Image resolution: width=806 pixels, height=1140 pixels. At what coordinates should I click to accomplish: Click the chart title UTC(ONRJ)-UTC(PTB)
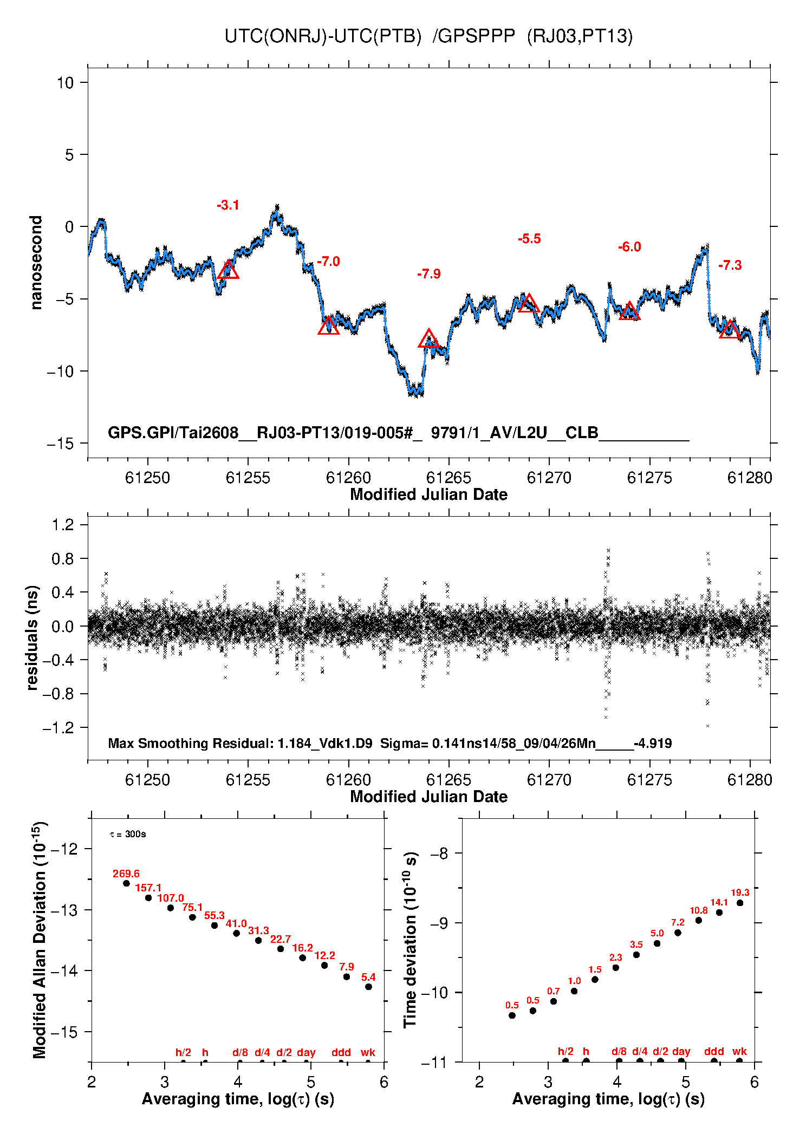323,36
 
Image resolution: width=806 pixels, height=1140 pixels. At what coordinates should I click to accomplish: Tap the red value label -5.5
529,239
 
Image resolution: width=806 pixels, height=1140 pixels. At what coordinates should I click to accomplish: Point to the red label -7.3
730,265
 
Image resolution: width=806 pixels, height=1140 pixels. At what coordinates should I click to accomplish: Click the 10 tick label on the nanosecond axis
65,83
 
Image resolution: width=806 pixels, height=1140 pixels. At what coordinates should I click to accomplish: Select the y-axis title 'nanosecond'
36,263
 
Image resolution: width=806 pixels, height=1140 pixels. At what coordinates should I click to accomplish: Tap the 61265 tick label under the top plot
448,478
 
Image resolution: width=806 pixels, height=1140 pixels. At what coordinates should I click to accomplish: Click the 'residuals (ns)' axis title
32,637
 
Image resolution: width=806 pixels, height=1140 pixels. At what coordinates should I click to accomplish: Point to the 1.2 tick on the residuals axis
63,524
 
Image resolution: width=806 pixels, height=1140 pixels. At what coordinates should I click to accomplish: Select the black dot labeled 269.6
127,883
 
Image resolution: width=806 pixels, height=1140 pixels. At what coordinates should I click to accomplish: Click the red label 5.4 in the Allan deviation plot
368,977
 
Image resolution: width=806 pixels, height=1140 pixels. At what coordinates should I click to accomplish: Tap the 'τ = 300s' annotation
128,834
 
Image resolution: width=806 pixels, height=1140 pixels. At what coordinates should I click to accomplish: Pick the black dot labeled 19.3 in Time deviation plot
740,903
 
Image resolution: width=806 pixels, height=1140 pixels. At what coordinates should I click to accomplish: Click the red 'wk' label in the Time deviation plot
739,1051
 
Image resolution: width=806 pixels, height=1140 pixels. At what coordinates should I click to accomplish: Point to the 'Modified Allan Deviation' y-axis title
40,940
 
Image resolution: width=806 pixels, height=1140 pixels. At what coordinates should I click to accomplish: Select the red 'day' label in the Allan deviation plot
306,1052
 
